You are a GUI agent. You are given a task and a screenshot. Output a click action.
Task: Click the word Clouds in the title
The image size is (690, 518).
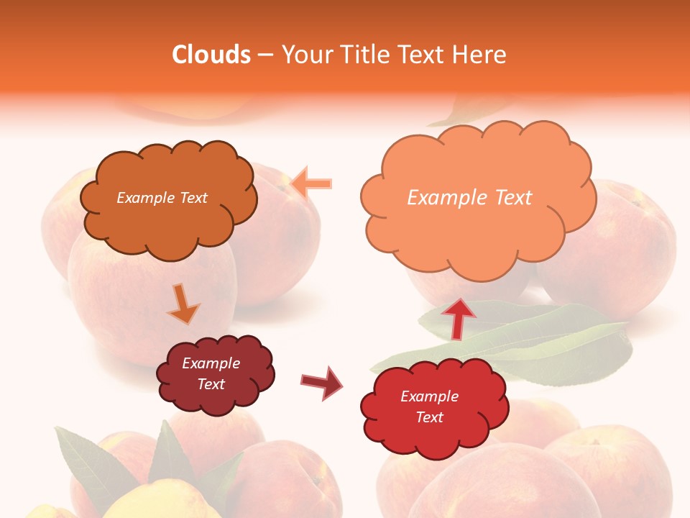[x=211, y=55]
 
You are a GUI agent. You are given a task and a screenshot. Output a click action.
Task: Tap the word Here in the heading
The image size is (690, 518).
[x=480, y=55]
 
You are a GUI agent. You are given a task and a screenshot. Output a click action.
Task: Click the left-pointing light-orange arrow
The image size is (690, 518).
[x=313, y=183]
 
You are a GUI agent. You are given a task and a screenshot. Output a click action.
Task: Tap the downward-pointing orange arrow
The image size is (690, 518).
[x=183, y=305]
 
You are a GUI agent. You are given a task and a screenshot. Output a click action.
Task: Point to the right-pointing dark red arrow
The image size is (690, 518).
[x=322, y=382]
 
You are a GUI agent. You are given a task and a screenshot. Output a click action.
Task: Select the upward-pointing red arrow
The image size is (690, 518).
[x=458, y=317]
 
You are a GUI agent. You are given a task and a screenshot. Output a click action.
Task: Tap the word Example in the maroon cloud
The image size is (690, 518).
[x=211, y=363]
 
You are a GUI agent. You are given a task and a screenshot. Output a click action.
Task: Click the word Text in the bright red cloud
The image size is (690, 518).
[x=429, y=417]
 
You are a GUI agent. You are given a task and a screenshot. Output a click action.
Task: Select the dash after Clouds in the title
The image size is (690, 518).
[x=265, y=55]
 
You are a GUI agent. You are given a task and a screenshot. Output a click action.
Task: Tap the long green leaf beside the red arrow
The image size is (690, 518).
[x=546, y=338]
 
